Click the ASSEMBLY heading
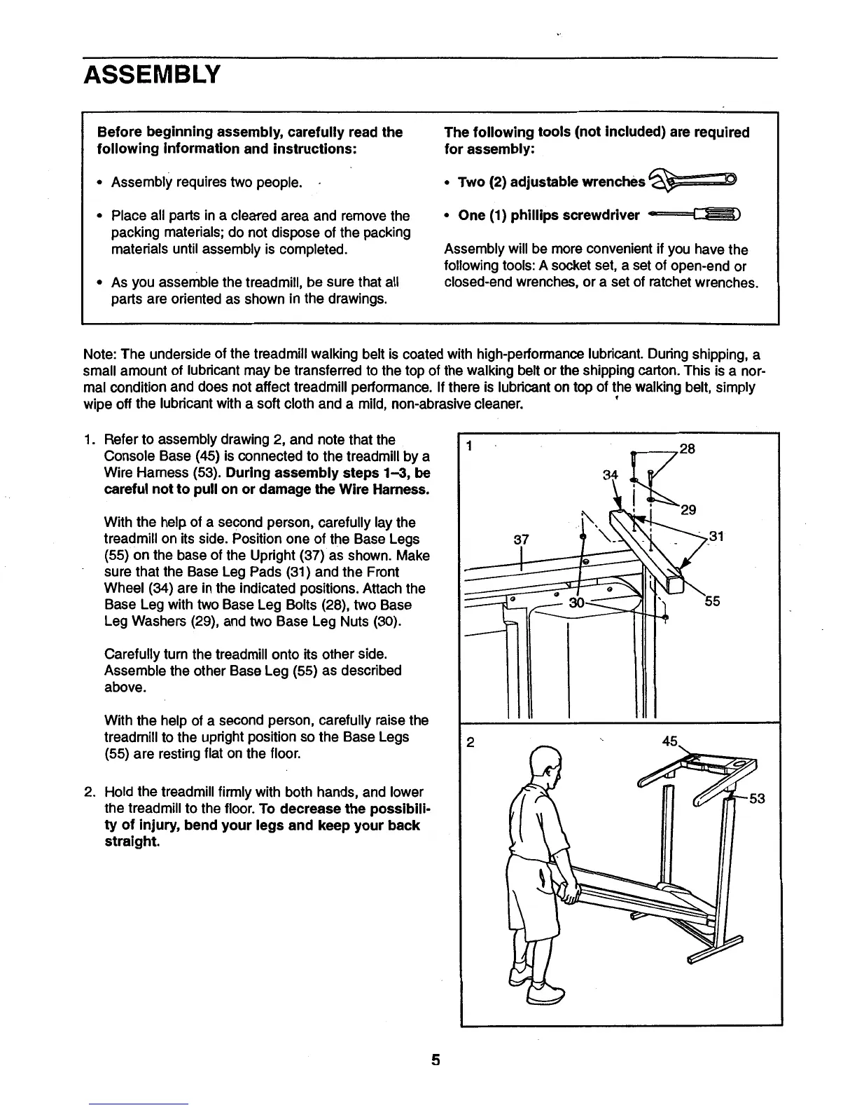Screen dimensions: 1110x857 [152, 74]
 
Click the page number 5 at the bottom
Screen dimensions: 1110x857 [435, 1060]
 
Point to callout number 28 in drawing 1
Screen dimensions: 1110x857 [687, 448]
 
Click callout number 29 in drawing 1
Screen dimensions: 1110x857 [688, 509]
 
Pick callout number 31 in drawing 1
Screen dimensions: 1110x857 [716, 537]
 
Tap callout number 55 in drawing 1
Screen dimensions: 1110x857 [712, 601]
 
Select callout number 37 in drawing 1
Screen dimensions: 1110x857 [521, 540]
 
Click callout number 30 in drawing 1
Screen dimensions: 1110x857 [577, 602]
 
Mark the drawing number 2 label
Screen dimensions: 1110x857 [471, 743]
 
